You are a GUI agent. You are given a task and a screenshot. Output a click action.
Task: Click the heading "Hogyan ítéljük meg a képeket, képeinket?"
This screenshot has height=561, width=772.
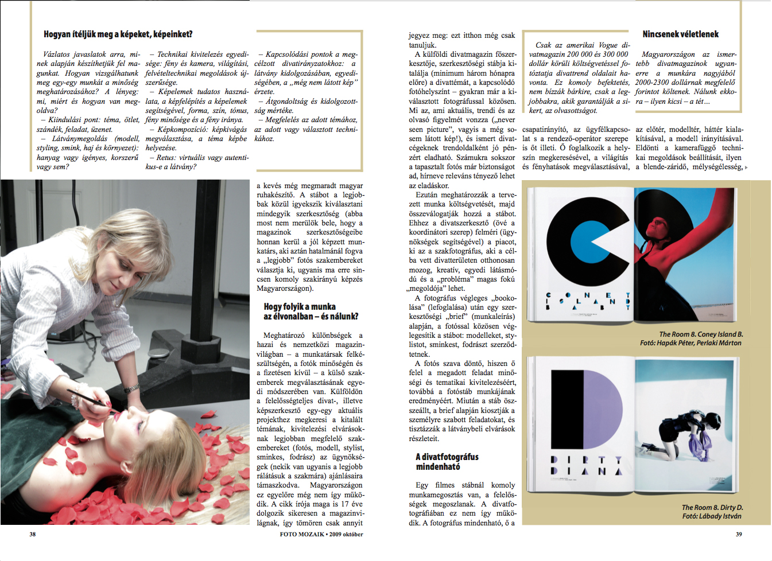[118, 34]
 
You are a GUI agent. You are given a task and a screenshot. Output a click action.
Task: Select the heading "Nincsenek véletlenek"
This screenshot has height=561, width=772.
[680, 34]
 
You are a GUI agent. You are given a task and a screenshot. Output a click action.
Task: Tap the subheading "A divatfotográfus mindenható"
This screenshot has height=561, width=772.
[447, 462]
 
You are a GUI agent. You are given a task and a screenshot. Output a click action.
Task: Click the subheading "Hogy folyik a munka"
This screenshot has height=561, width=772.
[300, 307]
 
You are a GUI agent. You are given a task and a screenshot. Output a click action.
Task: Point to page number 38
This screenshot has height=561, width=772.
[33, 534]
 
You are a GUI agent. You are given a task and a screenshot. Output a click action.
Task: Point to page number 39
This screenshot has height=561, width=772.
[739, 534]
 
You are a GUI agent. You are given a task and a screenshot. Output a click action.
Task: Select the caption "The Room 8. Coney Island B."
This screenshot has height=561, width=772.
[700, 334]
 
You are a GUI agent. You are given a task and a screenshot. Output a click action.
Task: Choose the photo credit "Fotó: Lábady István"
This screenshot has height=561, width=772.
[711, 516]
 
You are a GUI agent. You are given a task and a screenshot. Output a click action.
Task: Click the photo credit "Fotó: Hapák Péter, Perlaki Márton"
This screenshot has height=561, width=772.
[690, 343]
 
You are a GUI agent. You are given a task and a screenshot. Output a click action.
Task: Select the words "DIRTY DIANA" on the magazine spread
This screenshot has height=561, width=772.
[585, 465]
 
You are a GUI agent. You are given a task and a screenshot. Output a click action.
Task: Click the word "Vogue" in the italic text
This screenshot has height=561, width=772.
[608, 45]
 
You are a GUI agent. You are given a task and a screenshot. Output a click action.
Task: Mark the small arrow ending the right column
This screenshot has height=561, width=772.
[746, 167]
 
